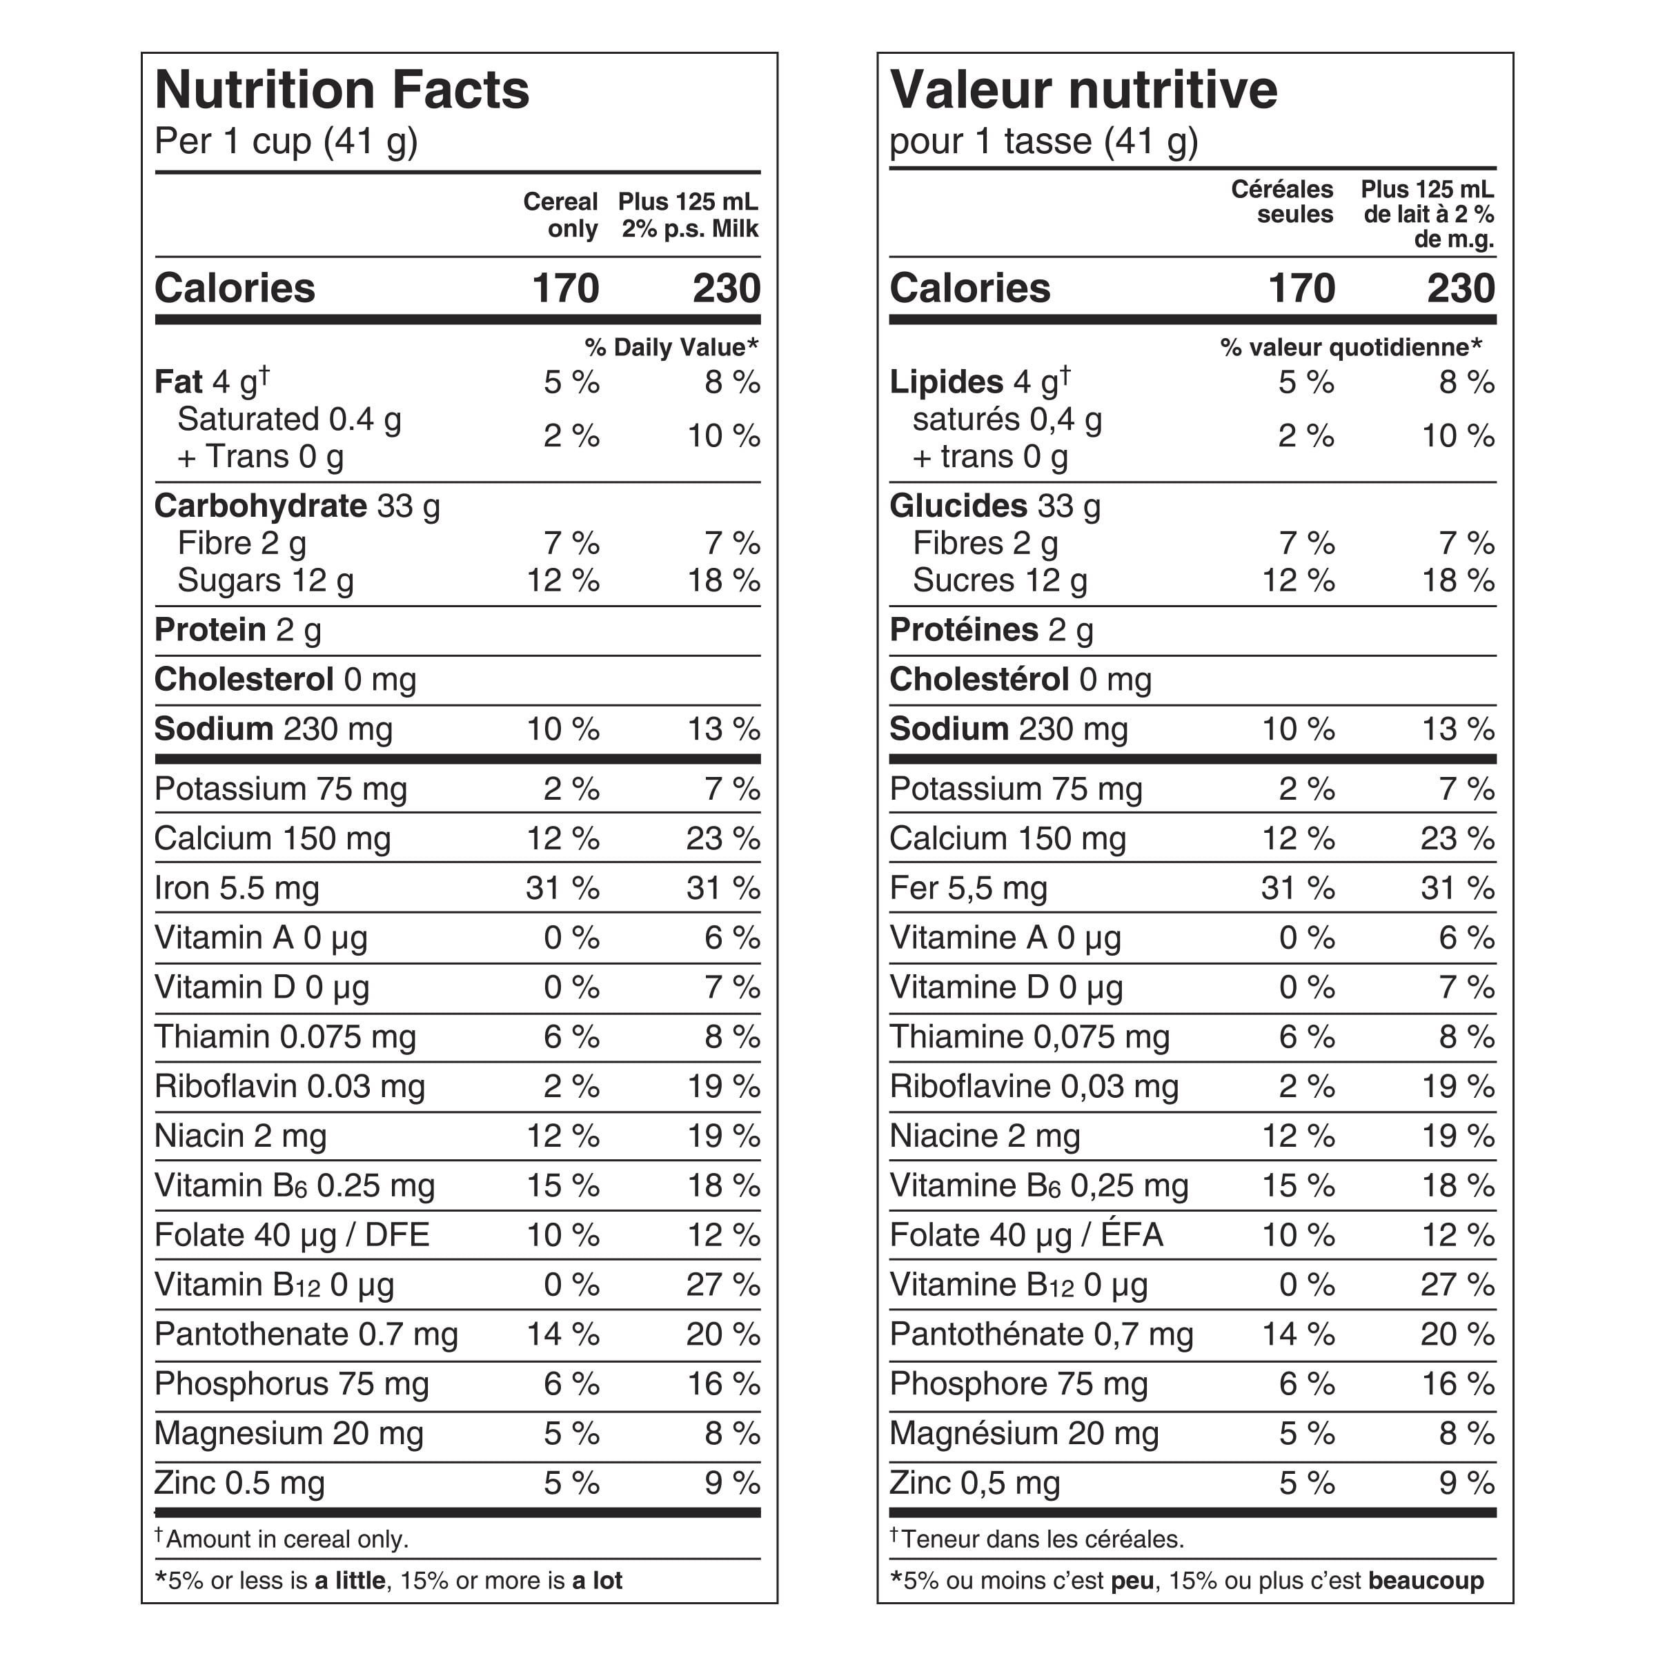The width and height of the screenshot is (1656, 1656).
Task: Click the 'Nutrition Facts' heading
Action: click(342, 90)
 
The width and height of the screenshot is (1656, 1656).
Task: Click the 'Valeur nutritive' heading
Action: click(1083, 90)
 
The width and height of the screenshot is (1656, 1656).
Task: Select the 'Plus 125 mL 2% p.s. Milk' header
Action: click(689, 215)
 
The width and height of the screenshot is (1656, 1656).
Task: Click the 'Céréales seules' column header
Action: click(1282, 201)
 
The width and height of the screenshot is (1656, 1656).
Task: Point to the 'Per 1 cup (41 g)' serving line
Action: click(286, 141)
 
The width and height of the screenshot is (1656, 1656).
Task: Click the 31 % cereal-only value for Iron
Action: click(563, 888)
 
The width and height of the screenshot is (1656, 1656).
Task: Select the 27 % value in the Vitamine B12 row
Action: click(1458, 1285)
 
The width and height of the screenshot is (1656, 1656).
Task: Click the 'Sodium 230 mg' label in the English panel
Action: click(273, 729)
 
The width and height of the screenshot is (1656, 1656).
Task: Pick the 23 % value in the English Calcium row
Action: click(722, 838)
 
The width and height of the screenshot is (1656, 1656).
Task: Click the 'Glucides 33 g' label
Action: click(995, 506)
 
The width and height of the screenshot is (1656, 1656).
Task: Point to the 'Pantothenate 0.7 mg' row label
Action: click(306, 1334)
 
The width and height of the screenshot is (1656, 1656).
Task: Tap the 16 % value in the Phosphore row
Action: click(1458, 1384)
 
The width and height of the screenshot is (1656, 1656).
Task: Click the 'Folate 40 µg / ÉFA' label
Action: click(1027, 1235)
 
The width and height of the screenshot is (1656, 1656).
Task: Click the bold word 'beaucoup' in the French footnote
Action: click(1426, 1581)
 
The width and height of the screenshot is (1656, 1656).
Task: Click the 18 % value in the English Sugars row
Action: click(723, 581)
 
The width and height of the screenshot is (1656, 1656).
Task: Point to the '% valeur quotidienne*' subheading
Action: click(1351, 347)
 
